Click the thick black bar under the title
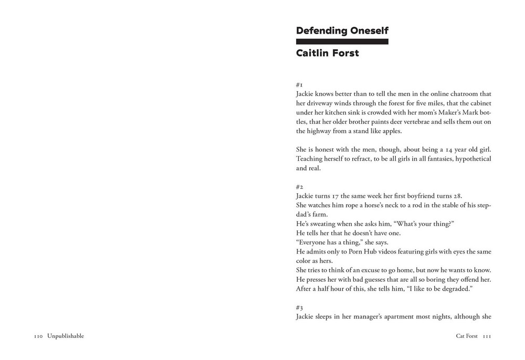pyautogui.click(x=342, y=41)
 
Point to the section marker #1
pyautogui.click(x=299, y=84)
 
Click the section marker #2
pyautogui.click(x=300, y=186)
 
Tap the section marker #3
pyautogui.click(x=300, y=308)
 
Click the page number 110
pyautogui.click(x=38, y=336)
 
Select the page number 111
pyautogui.click(x=486, y=336)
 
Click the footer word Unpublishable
pyautogui.click(x=65, y=336)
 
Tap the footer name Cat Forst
pyautogui.click(x=467, y=336)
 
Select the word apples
pyautogui.click(x=390, y=131)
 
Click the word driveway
pyautogui.click(x=322, y=103)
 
